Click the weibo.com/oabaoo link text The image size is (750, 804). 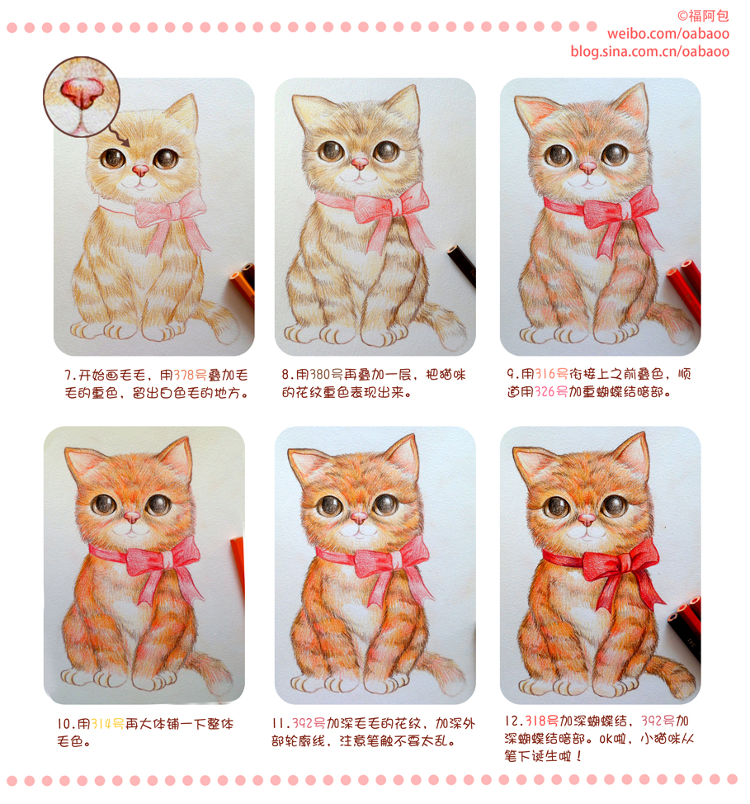tap(668, 34)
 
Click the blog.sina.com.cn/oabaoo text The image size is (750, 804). tap(650, 51)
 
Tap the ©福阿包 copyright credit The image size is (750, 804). tap(703, 16)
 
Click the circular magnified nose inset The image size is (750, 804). tap(82, 97)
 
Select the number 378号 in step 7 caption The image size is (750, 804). tap(191, 376)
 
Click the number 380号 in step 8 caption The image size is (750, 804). tap(326, 375)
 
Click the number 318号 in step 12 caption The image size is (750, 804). tap(541, 721)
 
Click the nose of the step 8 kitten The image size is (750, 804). tap(360, 163)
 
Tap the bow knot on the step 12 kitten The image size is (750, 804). tap(622, 565)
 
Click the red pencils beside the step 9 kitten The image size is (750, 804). tap(685, 291)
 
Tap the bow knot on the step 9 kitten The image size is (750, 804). tap(626, 211)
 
